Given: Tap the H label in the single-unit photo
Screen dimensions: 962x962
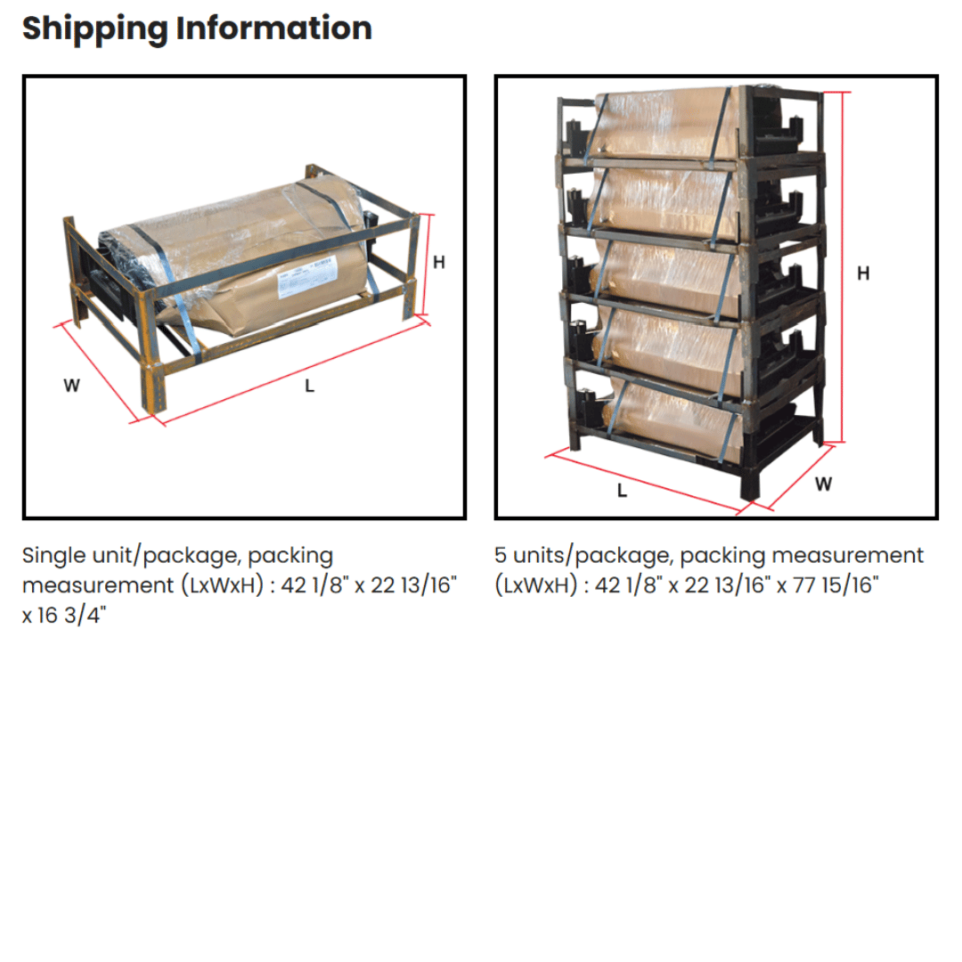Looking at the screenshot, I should coord(439,262).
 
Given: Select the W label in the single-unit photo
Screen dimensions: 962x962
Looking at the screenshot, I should coord(71,386).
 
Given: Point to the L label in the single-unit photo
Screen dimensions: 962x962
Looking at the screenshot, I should coord(309,386).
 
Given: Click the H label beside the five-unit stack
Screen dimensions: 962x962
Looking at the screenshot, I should coord(863,273).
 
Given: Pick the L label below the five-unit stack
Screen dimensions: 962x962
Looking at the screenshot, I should coord(622,490).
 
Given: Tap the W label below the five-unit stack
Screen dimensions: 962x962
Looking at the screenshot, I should coord(823,484).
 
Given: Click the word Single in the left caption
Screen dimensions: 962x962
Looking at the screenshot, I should coord(53,556).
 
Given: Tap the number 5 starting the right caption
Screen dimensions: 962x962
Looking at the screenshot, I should coord(501,556).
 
